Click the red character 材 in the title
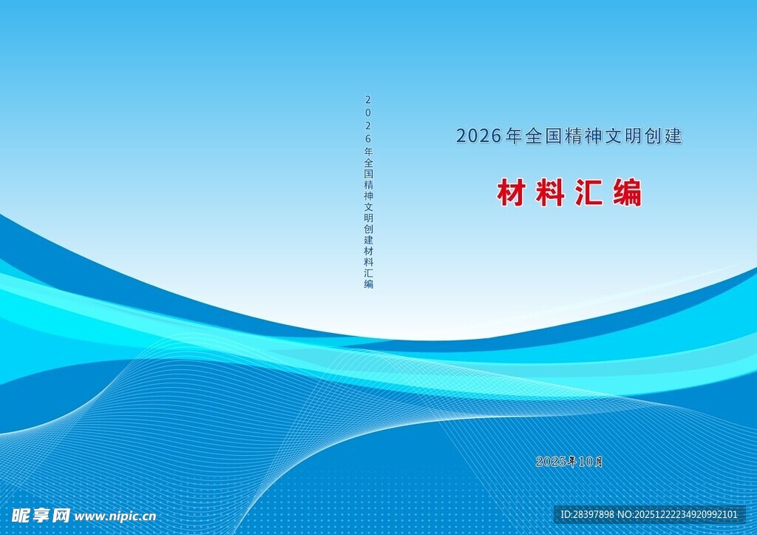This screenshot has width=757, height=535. click(510, 193)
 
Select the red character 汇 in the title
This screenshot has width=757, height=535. click(588, 193)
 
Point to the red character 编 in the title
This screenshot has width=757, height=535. click(628, 193)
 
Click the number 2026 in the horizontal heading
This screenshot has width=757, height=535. click(478, 136)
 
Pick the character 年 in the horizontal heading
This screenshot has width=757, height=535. click(514, 136)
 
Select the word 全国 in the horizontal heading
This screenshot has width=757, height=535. click(543, 136)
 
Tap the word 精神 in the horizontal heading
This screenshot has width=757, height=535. click(584, 136)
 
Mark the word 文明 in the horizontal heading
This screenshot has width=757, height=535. click(624, 136)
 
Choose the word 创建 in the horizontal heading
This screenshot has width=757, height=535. click(664, 136)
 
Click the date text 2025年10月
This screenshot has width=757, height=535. click(569, 462)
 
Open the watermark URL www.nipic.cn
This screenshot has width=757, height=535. click(116, 516)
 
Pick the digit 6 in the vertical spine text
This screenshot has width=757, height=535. click(368, 138)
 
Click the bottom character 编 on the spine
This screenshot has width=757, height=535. click(368, 284)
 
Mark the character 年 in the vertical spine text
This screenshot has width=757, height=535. click(368, 151)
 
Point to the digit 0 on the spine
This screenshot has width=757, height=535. click(368, 112)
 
